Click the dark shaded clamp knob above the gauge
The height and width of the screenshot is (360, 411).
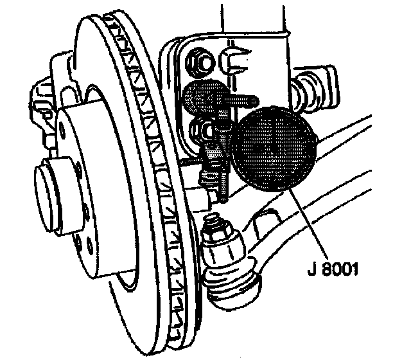[x=202, y=96]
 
